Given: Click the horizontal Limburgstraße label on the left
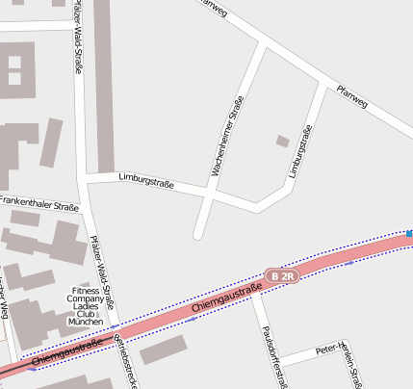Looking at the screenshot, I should coord(145,180).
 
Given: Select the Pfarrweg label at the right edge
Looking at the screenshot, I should coord(352,97).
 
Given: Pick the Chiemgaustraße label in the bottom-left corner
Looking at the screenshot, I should coord(67,351).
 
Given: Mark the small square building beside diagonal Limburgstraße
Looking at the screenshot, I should coord(282,142).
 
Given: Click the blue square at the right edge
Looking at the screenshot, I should coord(409,233).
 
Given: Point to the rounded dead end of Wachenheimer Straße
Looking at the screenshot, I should coord(199,233).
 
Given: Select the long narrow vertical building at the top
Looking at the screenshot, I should coord(103,87).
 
